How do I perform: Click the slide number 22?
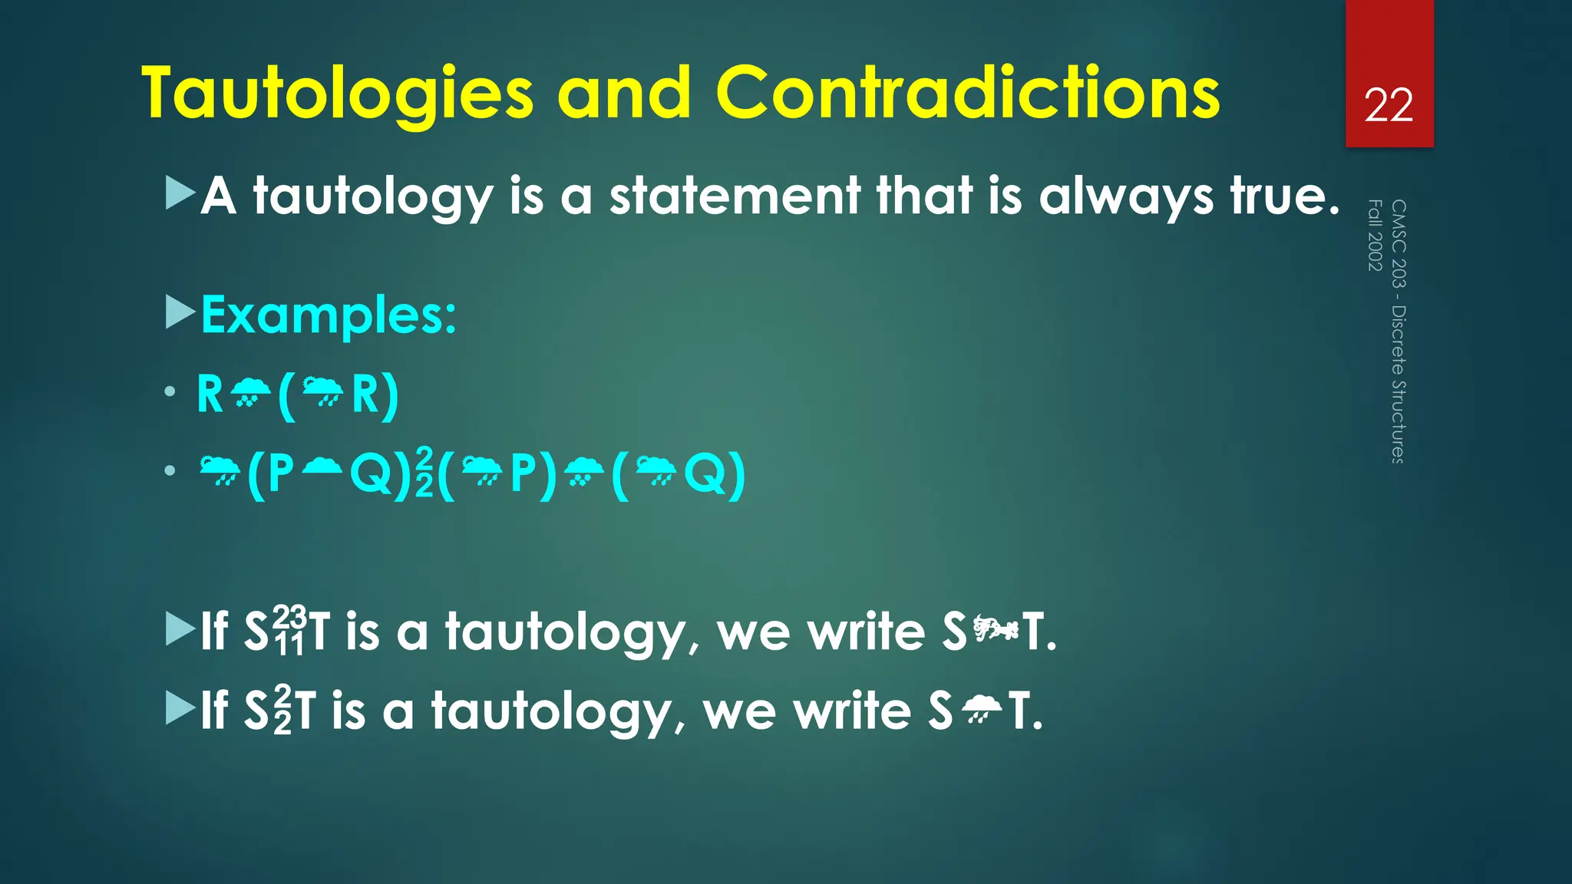tap(1389, 106)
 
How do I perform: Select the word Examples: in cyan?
tap(329, 315)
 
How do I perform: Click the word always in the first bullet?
tap(1126, 196)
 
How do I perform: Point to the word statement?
tap(735, 196)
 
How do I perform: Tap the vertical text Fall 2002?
tap(1375, 235)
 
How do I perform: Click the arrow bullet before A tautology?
tap(180, 193)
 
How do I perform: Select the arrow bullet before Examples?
tap(180, 312)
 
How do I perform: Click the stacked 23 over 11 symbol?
tap(290, 631)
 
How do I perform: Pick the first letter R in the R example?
tap(210, 394)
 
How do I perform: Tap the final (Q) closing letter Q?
tap(705, 473)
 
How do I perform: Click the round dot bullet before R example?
tap(170, 392)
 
